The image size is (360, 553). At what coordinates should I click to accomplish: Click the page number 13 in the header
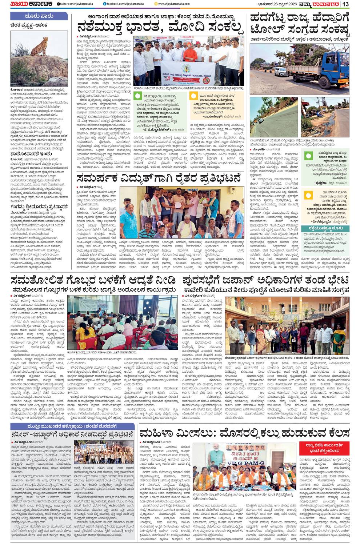point(346,4)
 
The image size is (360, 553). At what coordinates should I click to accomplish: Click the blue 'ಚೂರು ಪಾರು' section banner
point(39,16)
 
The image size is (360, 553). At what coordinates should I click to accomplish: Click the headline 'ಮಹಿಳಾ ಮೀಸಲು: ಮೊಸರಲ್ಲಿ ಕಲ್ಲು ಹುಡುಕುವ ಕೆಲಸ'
point(244,433)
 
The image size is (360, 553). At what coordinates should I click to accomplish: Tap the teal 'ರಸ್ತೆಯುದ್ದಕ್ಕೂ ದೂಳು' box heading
point(325,229)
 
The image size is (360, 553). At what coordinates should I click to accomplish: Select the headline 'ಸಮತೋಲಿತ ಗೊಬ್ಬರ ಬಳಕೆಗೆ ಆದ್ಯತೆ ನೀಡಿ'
point(93,280)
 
